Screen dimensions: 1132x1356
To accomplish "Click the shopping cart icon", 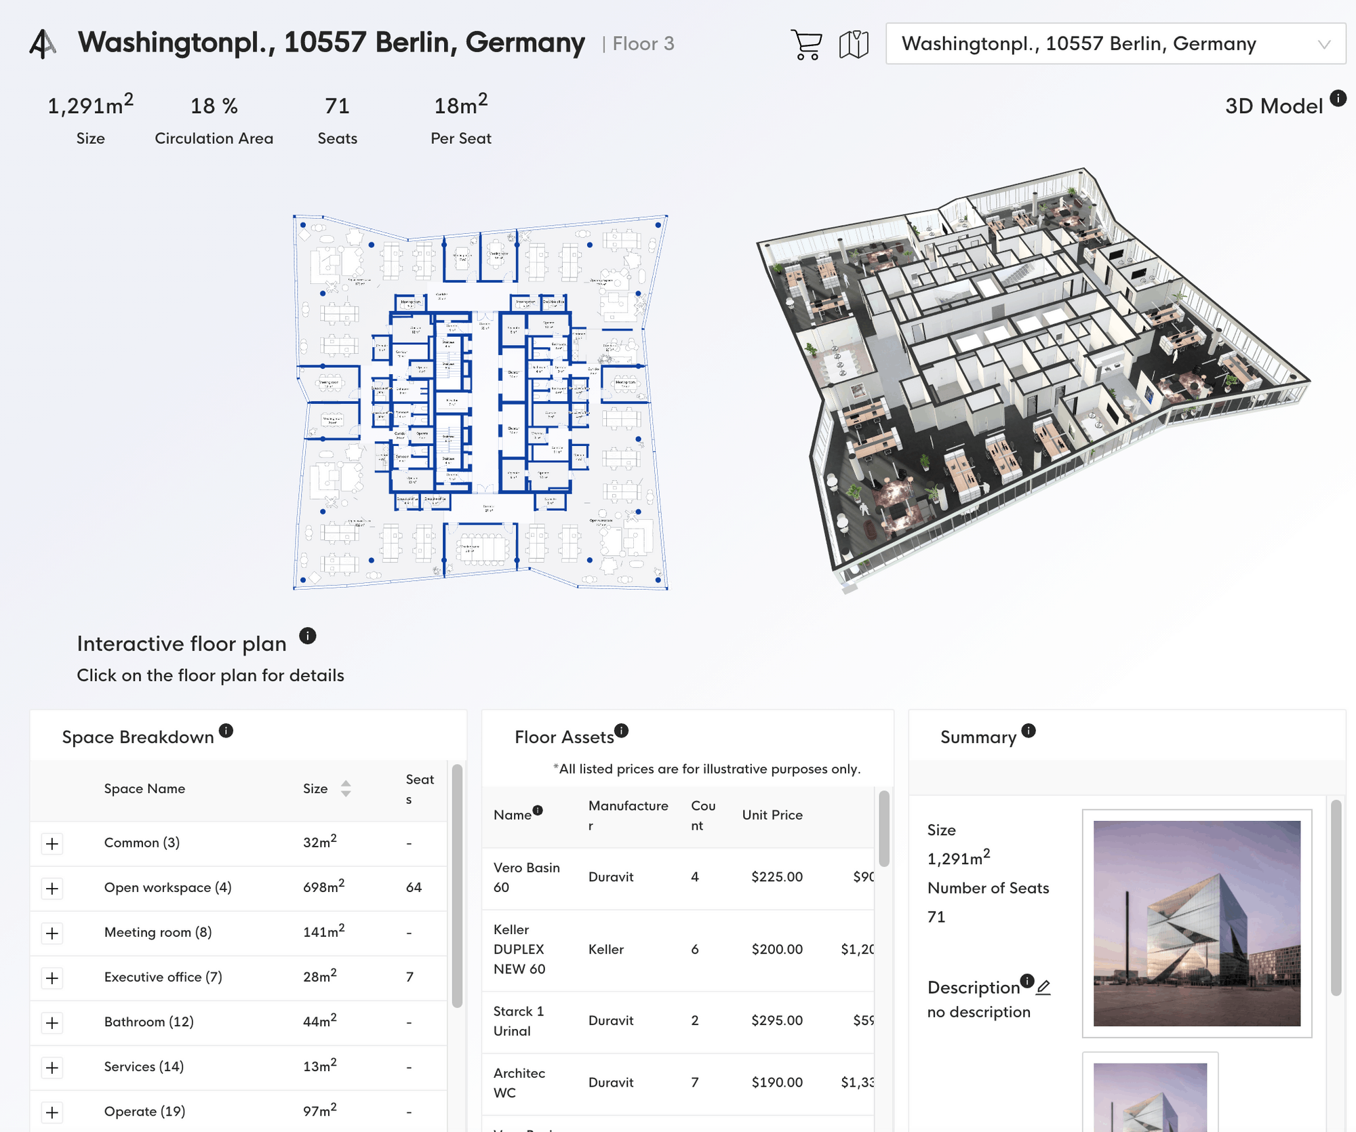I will (806, 45).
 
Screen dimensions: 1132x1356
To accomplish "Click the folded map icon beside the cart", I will (854, 45).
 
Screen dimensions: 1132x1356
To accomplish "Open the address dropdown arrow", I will (1323, 45).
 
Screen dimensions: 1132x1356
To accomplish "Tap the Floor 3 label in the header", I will (642, 44).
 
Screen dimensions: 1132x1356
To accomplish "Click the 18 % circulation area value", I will (214, 106).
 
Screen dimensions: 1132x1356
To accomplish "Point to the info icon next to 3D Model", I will (1338, 98).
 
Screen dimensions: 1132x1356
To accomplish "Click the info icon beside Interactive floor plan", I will (307, 636).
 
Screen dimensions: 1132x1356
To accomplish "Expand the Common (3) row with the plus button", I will (52, 844).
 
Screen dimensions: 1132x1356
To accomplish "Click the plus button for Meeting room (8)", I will (52, 933).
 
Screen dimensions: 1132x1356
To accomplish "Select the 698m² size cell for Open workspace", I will (323, 887).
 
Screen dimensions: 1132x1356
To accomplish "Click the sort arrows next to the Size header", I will (346, 788).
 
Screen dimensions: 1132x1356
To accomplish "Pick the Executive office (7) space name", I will (163, 977).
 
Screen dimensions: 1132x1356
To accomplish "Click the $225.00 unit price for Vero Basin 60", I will (776, 876).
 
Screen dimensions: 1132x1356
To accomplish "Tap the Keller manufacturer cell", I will (606, 949).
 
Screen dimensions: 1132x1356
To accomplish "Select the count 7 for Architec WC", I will (694, 1083).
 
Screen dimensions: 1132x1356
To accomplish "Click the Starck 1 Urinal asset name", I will (519, 1021).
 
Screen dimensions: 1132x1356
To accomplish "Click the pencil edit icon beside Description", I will (1043, 988).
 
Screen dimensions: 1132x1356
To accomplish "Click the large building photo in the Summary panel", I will (1197, 923).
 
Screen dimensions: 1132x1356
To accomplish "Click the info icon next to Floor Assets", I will (622, 731).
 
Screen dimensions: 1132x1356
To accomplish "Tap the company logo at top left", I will (42, 44).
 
